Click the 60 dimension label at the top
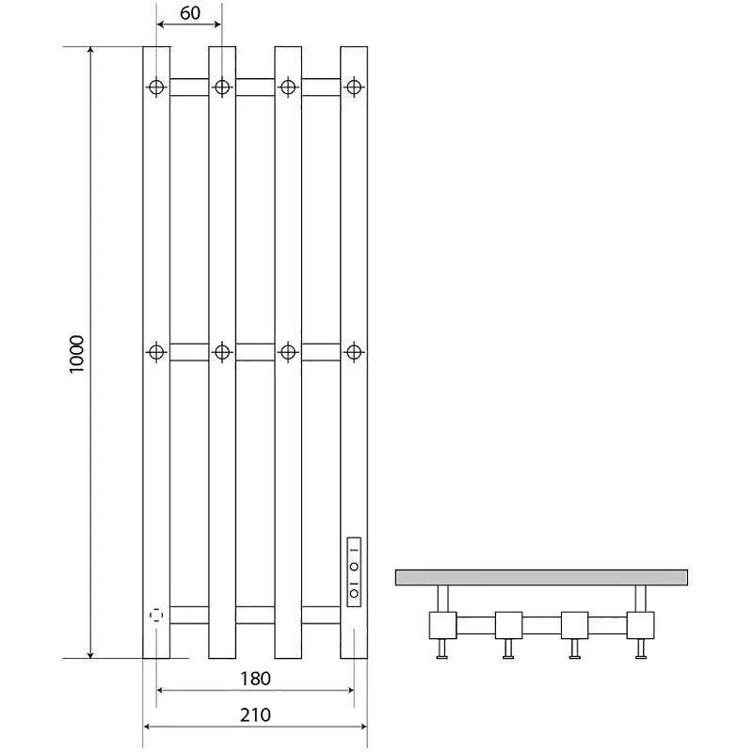point(190,13)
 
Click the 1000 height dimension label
point(76,355)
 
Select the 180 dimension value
point(255,679)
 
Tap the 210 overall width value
point(255,715)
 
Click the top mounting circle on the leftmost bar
point(156,88)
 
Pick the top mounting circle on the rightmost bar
point(354,88)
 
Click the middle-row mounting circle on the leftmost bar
point(156,352)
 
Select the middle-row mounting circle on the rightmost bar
point(354,352)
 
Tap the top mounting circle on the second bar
point(222,88)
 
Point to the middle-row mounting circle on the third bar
point(288,352)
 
